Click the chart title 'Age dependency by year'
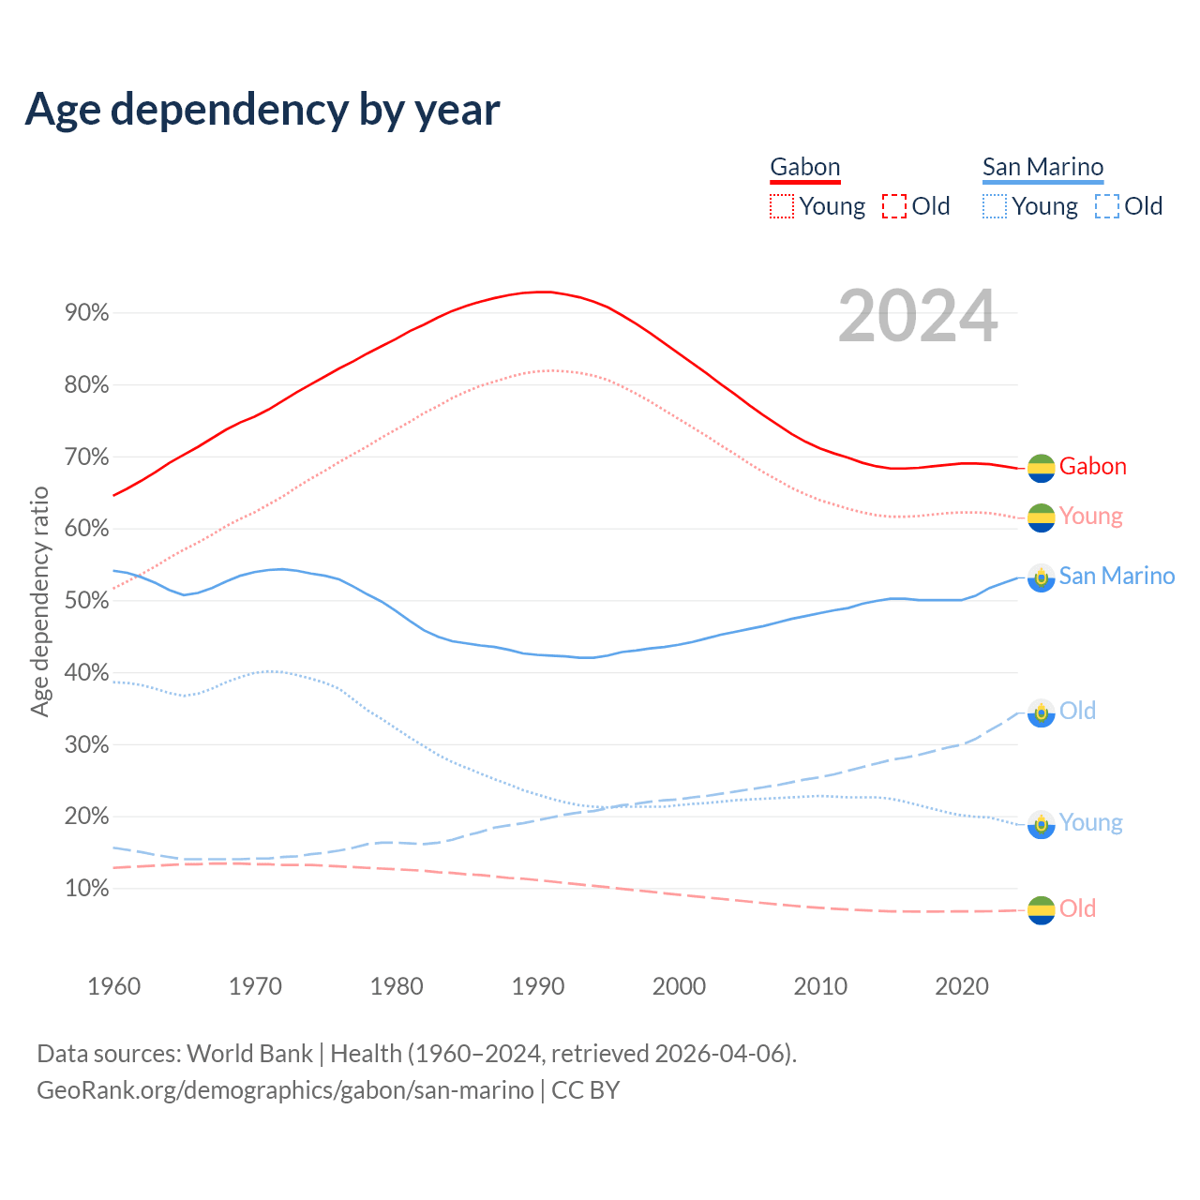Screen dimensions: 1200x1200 [262, 110]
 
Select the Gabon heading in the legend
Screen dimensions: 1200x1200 [804, 167]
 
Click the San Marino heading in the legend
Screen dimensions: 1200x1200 [1042, 167]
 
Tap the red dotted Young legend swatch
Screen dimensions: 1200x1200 [781, 206]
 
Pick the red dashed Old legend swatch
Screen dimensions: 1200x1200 [894, 206]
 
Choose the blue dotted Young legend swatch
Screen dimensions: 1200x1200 [994, 206]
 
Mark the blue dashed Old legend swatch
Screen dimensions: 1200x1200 [1106, 206]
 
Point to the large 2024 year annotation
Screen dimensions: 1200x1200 [918, 316]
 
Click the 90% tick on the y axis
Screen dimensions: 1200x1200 [87, 313]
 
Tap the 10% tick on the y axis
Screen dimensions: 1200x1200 [87, 889]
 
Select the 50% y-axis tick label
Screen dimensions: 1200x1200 [87, 601]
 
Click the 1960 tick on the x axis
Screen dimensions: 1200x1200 [113, 986]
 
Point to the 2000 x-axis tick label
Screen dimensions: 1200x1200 [679, 986]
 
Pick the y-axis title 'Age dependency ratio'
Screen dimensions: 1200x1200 [39, 601]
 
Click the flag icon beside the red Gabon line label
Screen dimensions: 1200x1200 [1041, 467]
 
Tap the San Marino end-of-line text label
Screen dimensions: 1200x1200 [1117, 576]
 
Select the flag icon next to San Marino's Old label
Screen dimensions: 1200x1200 [1041, 712]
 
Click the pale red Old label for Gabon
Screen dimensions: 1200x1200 [1077, 908]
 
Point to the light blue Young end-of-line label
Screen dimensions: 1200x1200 [1090, 823]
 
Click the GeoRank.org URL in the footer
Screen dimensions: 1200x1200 [285, 1090]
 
